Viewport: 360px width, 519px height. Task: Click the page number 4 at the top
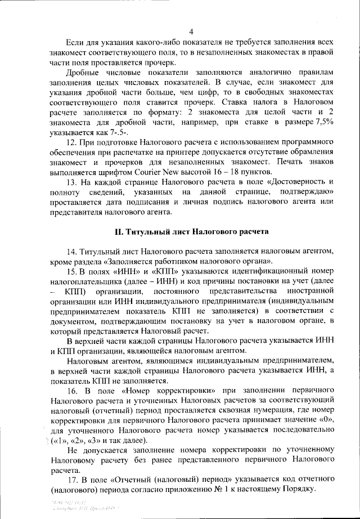pos(191,31)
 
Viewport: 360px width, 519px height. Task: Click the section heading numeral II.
pos(118,247)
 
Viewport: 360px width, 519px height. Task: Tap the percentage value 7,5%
pos(323,123)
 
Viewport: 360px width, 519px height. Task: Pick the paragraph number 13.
pos(72,184)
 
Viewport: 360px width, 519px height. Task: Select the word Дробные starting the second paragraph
pos(84,73)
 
